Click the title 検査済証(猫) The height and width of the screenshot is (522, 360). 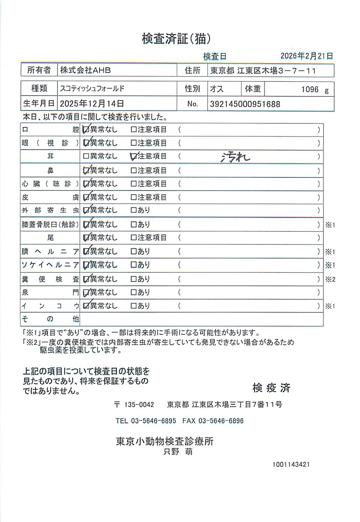(x=176, y=38)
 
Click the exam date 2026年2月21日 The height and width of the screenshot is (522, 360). (x=307, y=56)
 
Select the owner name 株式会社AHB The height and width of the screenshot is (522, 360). (x=85, y=70)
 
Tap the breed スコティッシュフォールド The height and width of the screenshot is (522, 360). (x=92, y=89)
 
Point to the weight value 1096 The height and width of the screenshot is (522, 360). (x=310, y=90)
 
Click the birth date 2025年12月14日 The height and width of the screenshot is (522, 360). (x=92, y=103)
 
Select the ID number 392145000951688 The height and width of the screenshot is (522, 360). (x=245, y=104)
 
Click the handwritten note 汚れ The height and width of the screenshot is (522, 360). (x=235, y=156)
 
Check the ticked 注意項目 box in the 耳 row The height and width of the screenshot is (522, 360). (x=134, y=156)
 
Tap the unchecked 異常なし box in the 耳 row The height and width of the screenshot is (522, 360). (x=86, y=156)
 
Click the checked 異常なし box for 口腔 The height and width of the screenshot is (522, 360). (x=86, y=130)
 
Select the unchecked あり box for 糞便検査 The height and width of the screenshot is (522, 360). (x=134, y=279)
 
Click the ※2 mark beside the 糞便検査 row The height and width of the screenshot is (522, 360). (x=330, y=279)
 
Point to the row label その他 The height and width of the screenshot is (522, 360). (x=50, y=319)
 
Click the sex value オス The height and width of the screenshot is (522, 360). (x=217, y=89)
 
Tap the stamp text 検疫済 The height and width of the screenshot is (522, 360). (x=271, y=388)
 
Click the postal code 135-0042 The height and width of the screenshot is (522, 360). (x=139, y=405)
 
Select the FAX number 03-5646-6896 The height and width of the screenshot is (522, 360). (x=221, y=421)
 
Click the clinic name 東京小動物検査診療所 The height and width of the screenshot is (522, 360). (x=165, y=441)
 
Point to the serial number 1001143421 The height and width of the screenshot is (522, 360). (x=291, y=464)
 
